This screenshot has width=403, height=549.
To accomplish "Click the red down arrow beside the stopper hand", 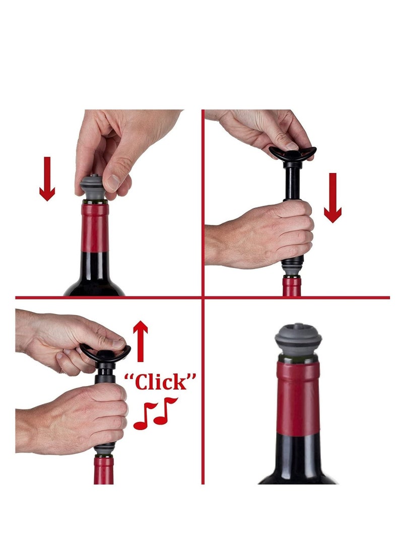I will (x=47, y=179).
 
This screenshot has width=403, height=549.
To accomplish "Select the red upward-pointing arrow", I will (x=141, y=342).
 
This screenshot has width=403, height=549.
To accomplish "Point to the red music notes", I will (x=155, y=412).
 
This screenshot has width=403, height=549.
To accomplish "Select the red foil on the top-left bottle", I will (x=95, y=227).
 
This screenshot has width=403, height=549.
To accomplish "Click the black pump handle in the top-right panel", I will (x=292, y=151).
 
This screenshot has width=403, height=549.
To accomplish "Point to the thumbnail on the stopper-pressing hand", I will (x=113, y=182).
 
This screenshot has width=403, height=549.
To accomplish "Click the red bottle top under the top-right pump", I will (x=291, y=286).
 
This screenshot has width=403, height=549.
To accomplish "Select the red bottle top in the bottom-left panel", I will (x=104, y=470).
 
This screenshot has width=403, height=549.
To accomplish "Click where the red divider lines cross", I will (x=203, y=297).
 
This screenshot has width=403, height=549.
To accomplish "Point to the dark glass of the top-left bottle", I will (x=95, y=274).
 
